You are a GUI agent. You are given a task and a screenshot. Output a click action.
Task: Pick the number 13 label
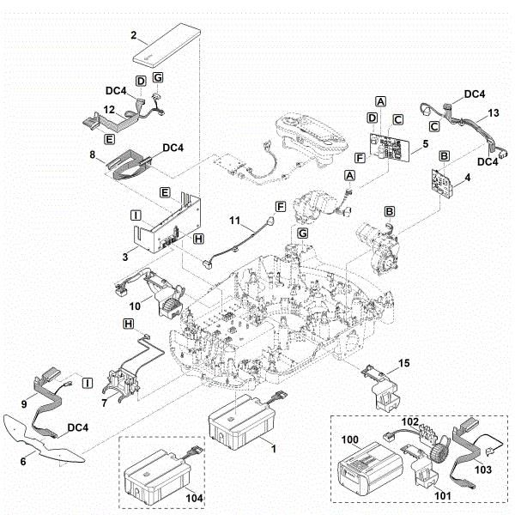493,113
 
